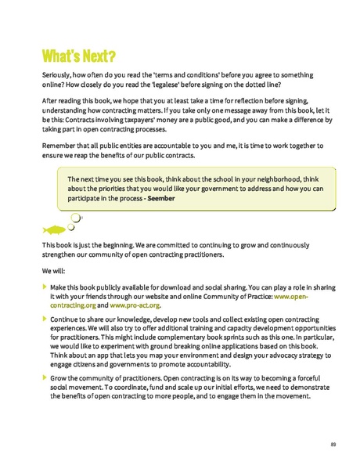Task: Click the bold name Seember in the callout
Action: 161,198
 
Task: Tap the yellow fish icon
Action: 53,230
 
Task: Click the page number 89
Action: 333,445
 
